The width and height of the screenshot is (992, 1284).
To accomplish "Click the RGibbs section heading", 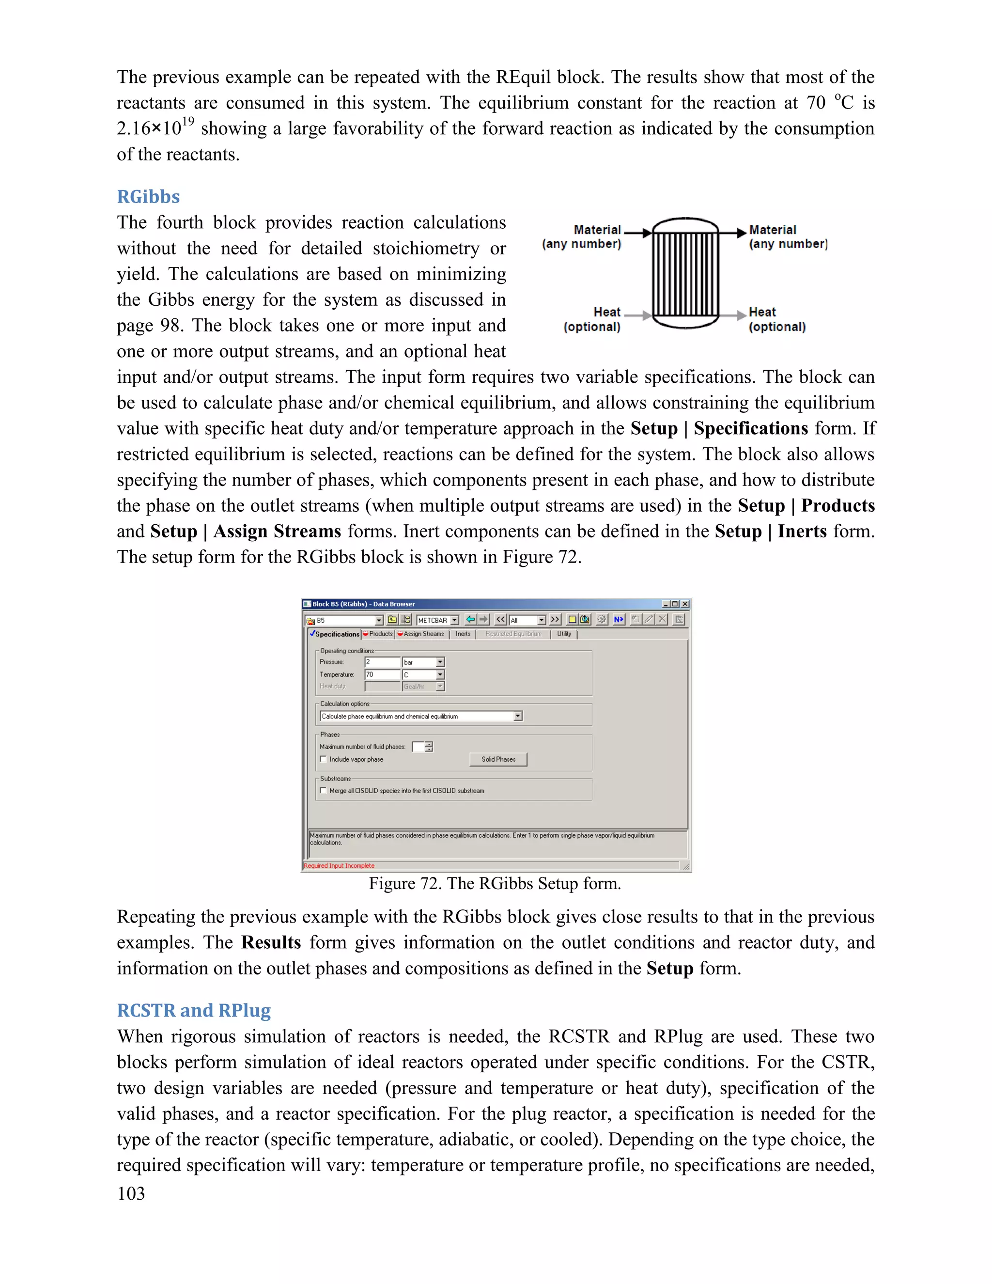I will pyautogui.click(x=148, y=196).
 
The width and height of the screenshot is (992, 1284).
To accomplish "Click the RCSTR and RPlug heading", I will pyautogui.click(x=193, y=1010).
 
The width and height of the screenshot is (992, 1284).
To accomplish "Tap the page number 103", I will pyautogui.click(x=130, y=1193).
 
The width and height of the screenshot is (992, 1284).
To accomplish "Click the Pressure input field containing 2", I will pyautogui.click(x=382, y=662).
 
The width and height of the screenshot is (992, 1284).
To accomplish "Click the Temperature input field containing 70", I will pyautogui.click(x=382, y=674).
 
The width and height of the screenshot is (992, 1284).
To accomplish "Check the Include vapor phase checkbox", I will pyautogui.click(x=323, y=759).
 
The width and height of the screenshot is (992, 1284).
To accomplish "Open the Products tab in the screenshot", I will pyautogui.click(x=380, y=634).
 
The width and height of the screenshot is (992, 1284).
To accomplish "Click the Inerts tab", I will pyautogui.click(x=463, y=634).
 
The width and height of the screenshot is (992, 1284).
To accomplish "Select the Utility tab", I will pyautogui.click(x=564, y=634).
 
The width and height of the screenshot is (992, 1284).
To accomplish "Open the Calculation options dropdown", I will pyautogui.click(x=518, y=716).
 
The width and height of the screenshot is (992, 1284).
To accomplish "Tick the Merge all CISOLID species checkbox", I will pyautogui.click(x=323, y=790).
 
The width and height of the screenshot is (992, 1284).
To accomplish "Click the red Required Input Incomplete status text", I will pyautogui.click(x=339, y=865).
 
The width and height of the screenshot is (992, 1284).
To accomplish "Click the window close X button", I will pyautogui.click(x=684, y=604).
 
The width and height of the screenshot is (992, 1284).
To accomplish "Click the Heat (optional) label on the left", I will pyautogui.click(x=592, y=319).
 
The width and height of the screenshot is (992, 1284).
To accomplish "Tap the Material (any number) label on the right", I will pyautogui.click(x=788, y=236).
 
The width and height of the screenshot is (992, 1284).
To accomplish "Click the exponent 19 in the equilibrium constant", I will pyautogui.click(x=187, y=122).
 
